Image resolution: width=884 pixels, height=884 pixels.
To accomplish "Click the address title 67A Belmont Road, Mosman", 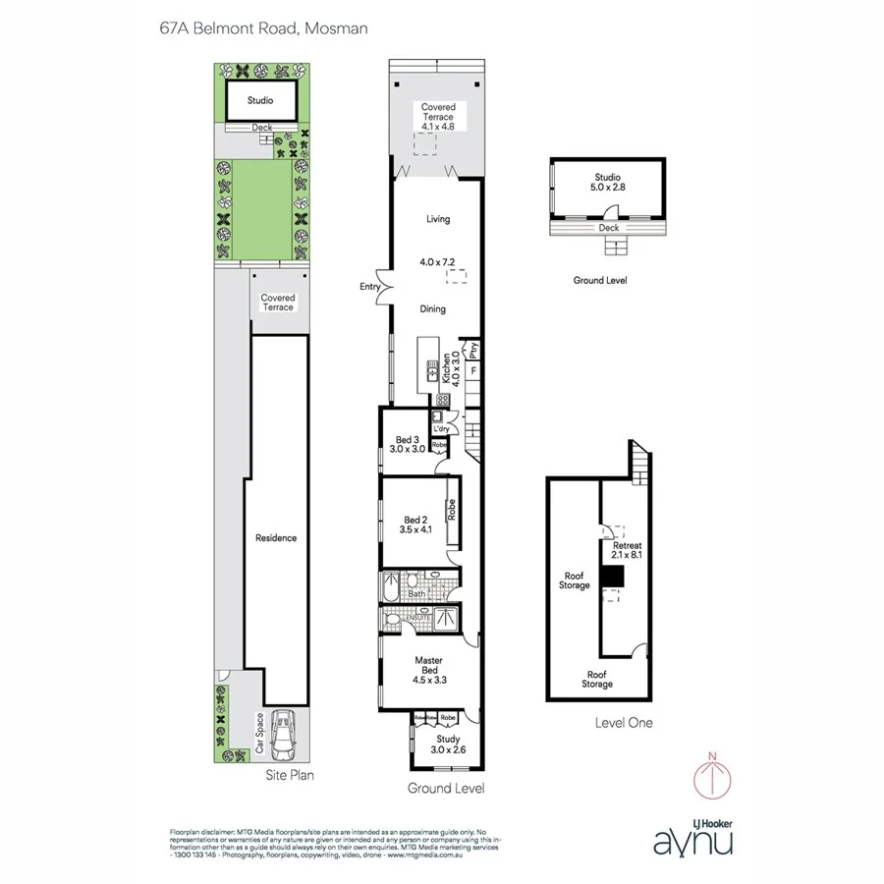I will click(263, 28).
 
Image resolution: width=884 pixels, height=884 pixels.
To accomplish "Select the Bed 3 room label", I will click(407, 444).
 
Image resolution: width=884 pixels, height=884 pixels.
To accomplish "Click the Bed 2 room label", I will click(416, 525).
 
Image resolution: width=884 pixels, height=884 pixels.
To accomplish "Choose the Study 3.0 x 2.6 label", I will click(448, 744).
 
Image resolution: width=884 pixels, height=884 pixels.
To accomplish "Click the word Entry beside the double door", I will click(369, 287).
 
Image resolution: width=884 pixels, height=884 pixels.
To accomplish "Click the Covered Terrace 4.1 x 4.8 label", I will click(437, 117).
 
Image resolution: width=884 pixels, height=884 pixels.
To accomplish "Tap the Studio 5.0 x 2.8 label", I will click(605, 183).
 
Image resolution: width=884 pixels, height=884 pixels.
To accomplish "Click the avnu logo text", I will click(692, 841).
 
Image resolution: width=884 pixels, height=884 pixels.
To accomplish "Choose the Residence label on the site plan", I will click(276, 538).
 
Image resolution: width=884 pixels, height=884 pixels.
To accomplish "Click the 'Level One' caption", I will click(623, 723).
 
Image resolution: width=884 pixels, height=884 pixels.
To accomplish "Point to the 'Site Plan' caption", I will click(291, 775).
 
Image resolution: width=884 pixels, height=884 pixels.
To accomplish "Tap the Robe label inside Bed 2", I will click(452, 510).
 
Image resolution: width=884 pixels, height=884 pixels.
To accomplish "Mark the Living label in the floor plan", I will click(438, 219).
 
